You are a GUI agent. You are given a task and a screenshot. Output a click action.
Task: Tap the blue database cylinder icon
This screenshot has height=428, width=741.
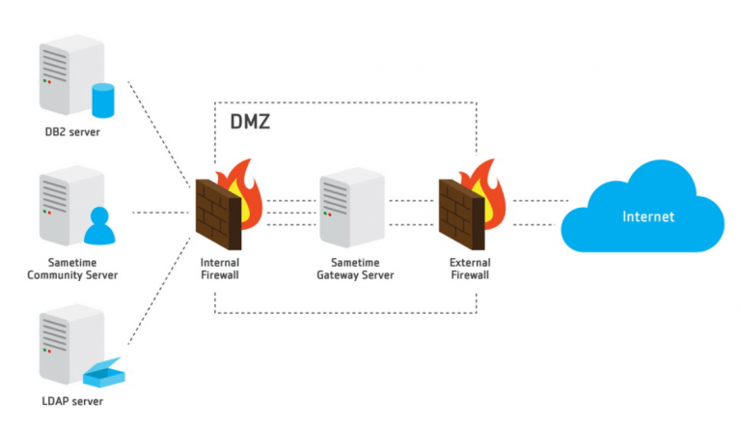coord(102,100)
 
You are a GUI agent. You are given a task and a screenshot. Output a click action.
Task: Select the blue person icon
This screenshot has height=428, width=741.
coord(99,224)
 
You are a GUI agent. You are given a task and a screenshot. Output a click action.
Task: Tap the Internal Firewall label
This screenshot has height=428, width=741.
coord(220,269)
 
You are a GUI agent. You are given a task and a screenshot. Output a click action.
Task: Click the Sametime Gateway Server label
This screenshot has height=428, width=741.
coord(355,269)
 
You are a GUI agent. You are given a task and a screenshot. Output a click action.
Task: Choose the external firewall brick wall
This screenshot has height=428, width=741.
coord(461,212)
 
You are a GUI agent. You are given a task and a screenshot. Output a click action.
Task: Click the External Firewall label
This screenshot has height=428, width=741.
coord(470,269)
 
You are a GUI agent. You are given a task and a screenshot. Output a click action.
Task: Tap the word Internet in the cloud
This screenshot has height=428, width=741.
coord(647,215)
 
